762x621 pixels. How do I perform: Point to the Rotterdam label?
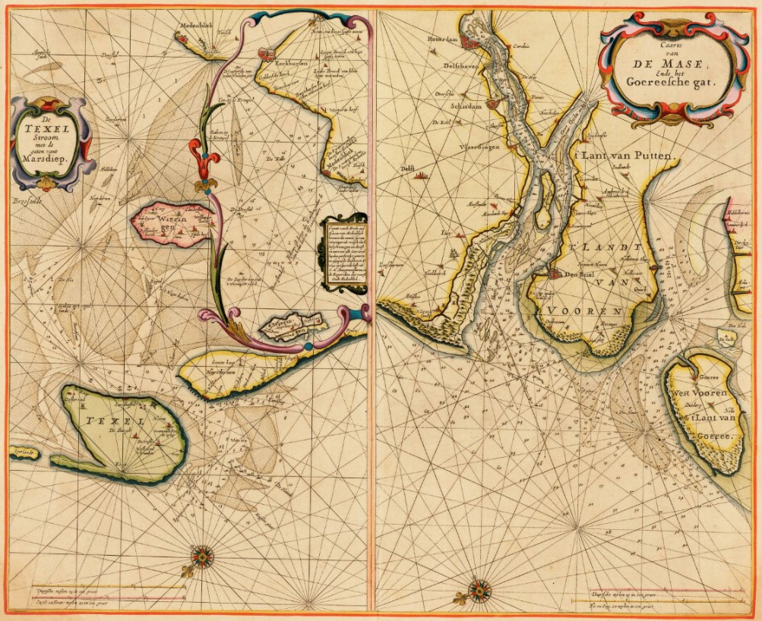(444, 37)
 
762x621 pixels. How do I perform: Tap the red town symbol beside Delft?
(420, 175)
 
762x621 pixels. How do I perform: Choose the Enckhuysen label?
(292, 66)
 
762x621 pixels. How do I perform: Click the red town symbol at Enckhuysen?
(265, 53)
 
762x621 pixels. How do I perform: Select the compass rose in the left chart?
(202, 556)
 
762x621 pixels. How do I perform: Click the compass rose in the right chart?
(479, 589)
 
